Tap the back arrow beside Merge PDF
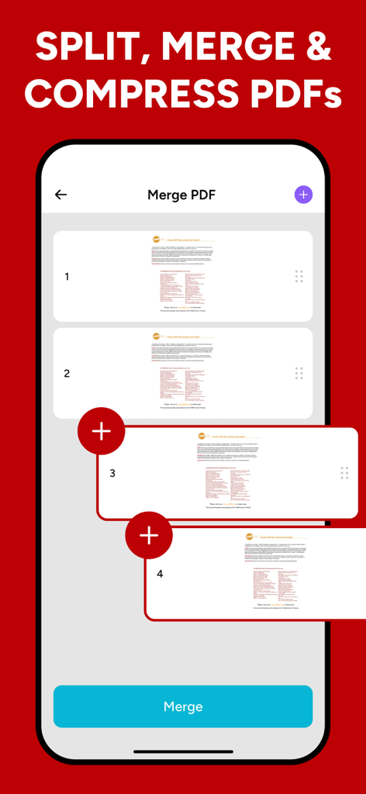point(60,195)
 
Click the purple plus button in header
point(303,195)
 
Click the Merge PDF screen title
point(182,195)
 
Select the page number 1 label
point(67,277)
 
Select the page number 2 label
point(67,374)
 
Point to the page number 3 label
point(112,473)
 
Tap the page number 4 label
point(160,574)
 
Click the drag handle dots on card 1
point(299,277)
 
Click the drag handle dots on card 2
point(299,374)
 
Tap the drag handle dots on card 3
point(344,473)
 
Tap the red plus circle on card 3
point(102,431)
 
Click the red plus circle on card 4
point(149,535)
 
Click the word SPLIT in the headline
point(81,48)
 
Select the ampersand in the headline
point(316,48)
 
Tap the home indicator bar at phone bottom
point(183,751)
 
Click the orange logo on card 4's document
point(250,537)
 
